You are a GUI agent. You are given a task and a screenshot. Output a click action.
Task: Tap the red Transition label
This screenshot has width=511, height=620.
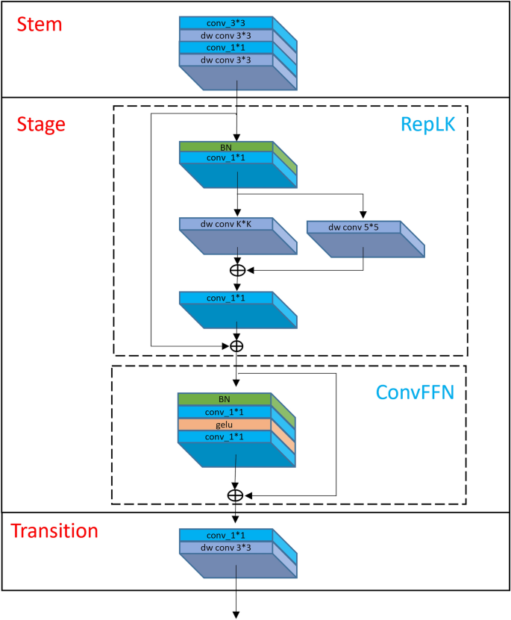click(x=54, y=531)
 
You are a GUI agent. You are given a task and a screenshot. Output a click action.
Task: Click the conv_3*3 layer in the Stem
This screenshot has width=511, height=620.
click(x=225, y=23)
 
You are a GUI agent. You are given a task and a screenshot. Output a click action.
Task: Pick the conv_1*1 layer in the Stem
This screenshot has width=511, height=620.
click(x=225, y=47)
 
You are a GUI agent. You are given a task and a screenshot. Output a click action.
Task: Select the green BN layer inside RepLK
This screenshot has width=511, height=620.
click(x=225, y=146)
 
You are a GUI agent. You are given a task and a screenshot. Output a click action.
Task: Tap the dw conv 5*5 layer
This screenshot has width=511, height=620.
click(x=354, y=226)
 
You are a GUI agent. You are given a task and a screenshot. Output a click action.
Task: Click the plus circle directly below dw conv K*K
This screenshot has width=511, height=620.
click(x=236, y=270)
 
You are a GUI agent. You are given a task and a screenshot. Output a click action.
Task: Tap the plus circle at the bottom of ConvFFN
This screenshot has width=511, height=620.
click(x=236, y=495)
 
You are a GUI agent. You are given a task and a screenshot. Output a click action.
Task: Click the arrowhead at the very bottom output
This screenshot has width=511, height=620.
click(x=236, y=614)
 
